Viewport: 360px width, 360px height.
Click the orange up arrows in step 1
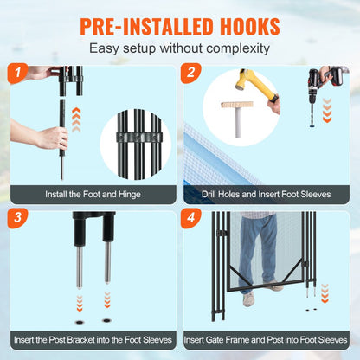tap(76, 117)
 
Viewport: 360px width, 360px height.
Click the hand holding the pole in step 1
tap(53, 137)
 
